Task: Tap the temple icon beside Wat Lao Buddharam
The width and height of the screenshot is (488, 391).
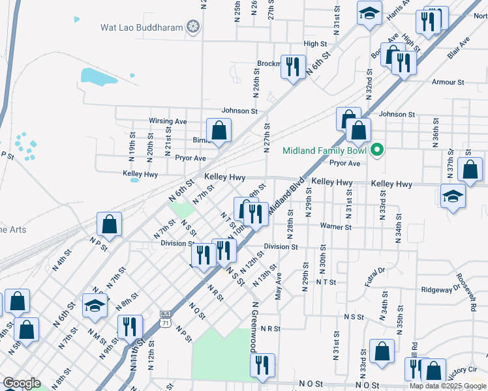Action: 192,27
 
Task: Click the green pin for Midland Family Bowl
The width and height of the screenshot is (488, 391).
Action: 376,151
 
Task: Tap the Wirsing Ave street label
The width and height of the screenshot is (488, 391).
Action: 168,121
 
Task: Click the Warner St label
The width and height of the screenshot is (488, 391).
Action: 335,227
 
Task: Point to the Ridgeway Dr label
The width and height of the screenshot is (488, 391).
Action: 442,289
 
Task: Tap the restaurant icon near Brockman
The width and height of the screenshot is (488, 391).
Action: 292,66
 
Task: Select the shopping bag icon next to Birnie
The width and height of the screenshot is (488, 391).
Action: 220,130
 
